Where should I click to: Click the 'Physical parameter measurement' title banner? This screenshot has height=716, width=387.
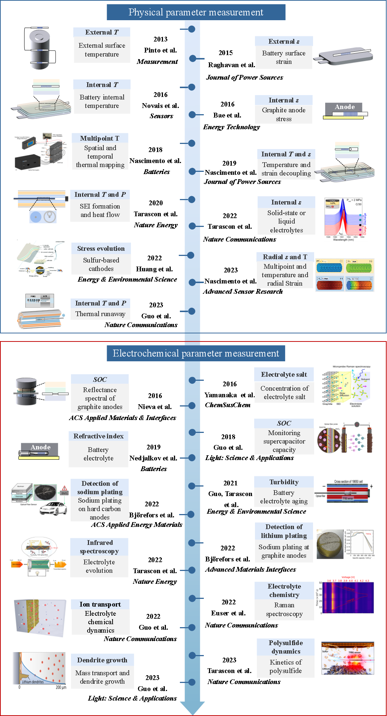pyautogui.click(x=196, y=12)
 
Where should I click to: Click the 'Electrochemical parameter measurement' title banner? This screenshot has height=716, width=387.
pyautogui.click(x=196, y=354)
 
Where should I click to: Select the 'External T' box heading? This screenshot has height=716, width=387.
pyautogui.click(x=102, y=32)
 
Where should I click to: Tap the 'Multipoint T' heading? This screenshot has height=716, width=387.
pyautogui.click(x=100, y=138)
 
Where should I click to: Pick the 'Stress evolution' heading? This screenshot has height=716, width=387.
pyautogui.click(x=101, y=249)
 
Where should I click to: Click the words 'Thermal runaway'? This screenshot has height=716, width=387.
pyautogui.click(x=100, y=314)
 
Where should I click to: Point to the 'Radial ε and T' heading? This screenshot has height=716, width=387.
pyautogui.click(x=285, y=257)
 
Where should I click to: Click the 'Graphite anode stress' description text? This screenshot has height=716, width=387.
pyautogui.click(x=284, y=115)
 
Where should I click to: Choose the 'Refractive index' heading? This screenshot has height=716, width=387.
pyautogui.click(x=98, y=436)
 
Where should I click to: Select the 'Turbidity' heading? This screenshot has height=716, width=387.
pyautogui.click(x=284, y=482)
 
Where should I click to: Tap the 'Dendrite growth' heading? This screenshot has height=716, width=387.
pyautogui.click(x=102, y=660)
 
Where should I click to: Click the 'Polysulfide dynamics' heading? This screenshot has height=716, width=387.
pyautogui.click(x=286, y=647)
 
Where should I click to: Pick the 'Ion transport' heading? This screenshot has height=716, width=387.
pyautogui.click(x=100, y=604)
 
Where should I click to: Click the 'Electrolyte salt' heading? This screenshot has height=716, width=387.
pyautogui.click(x=284, y=375)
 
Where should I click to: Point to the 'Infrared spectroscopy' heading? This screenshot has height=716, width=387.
pyautogui.click(x=99, y=547)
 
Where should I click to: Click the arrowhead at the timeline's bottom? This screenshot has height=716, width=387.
pyautogui.click(x=192, y=707)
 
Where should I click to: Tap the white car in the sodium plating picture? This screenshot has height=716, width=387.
pyautogui.click(x=54, y=509)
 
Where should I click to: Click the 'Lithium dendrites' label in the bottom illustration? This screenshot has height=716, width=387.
pyautogui.click(x=33, y=682)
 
